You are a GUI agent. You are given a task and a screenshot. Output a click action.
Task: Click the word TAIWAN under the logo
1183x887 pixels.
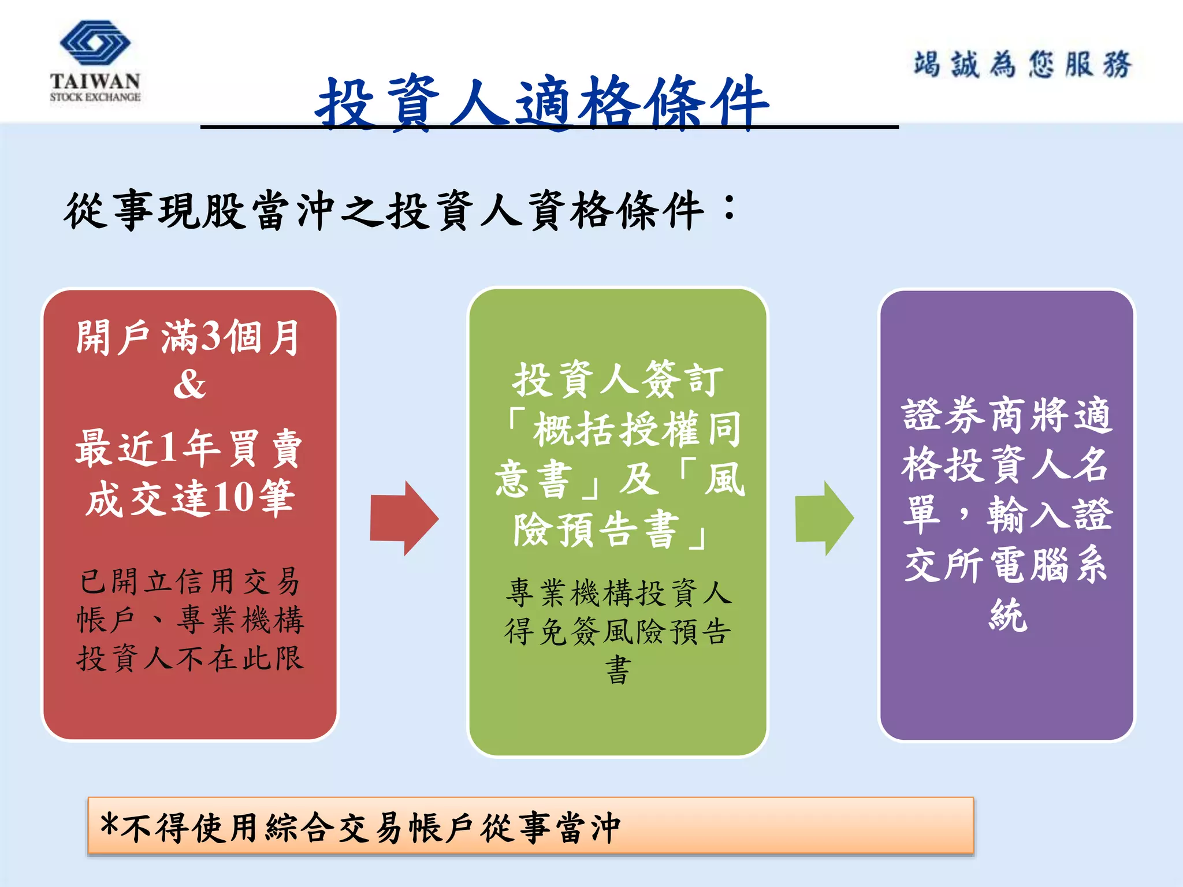coord(95,81)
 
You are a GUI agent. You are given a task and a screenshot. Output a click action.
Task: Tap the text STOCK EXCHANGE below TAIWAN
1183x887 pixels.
coord(95,97)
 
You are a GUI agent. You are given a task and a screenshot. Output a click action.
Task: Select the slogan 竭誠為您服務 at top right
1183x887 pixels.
coord(1022,64)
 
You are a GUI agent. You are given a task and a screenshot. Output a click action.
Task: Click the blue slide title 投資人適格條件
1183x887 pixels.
coord(542,103)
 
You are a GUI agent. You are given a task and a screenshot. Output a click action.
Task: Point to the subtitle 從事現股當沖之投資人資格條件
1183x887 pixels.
coord(384,210)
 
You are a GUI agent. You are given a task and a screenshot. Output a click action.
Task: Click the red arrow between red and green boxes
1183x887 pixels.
coord(404,518)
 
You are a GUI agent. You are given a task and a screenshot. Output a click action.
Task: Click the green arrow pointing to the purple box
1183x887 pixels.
coord(824,518)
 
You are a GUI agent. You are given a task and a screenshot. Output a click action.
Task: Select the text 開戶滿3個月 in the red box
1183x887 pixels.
coord(188,337)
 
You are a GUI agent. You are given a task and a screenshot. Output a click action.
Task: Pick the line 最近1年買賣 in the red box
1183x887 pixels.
coord(188,448)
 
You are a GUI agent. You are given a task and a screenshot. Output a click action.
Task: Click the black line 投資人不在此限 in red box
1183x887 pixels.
coord(189,658)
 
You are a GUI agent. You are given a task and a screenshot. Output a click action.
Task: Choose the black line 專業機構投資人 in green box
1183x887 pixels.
coord(618,593)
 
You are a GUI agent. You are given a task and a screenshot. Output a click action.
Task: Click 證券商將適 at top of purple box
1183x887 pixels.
coord(1006,415)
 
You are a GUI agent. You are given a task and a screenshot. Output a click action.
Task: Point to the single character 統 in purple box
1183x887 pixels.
coord(1008,615)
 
